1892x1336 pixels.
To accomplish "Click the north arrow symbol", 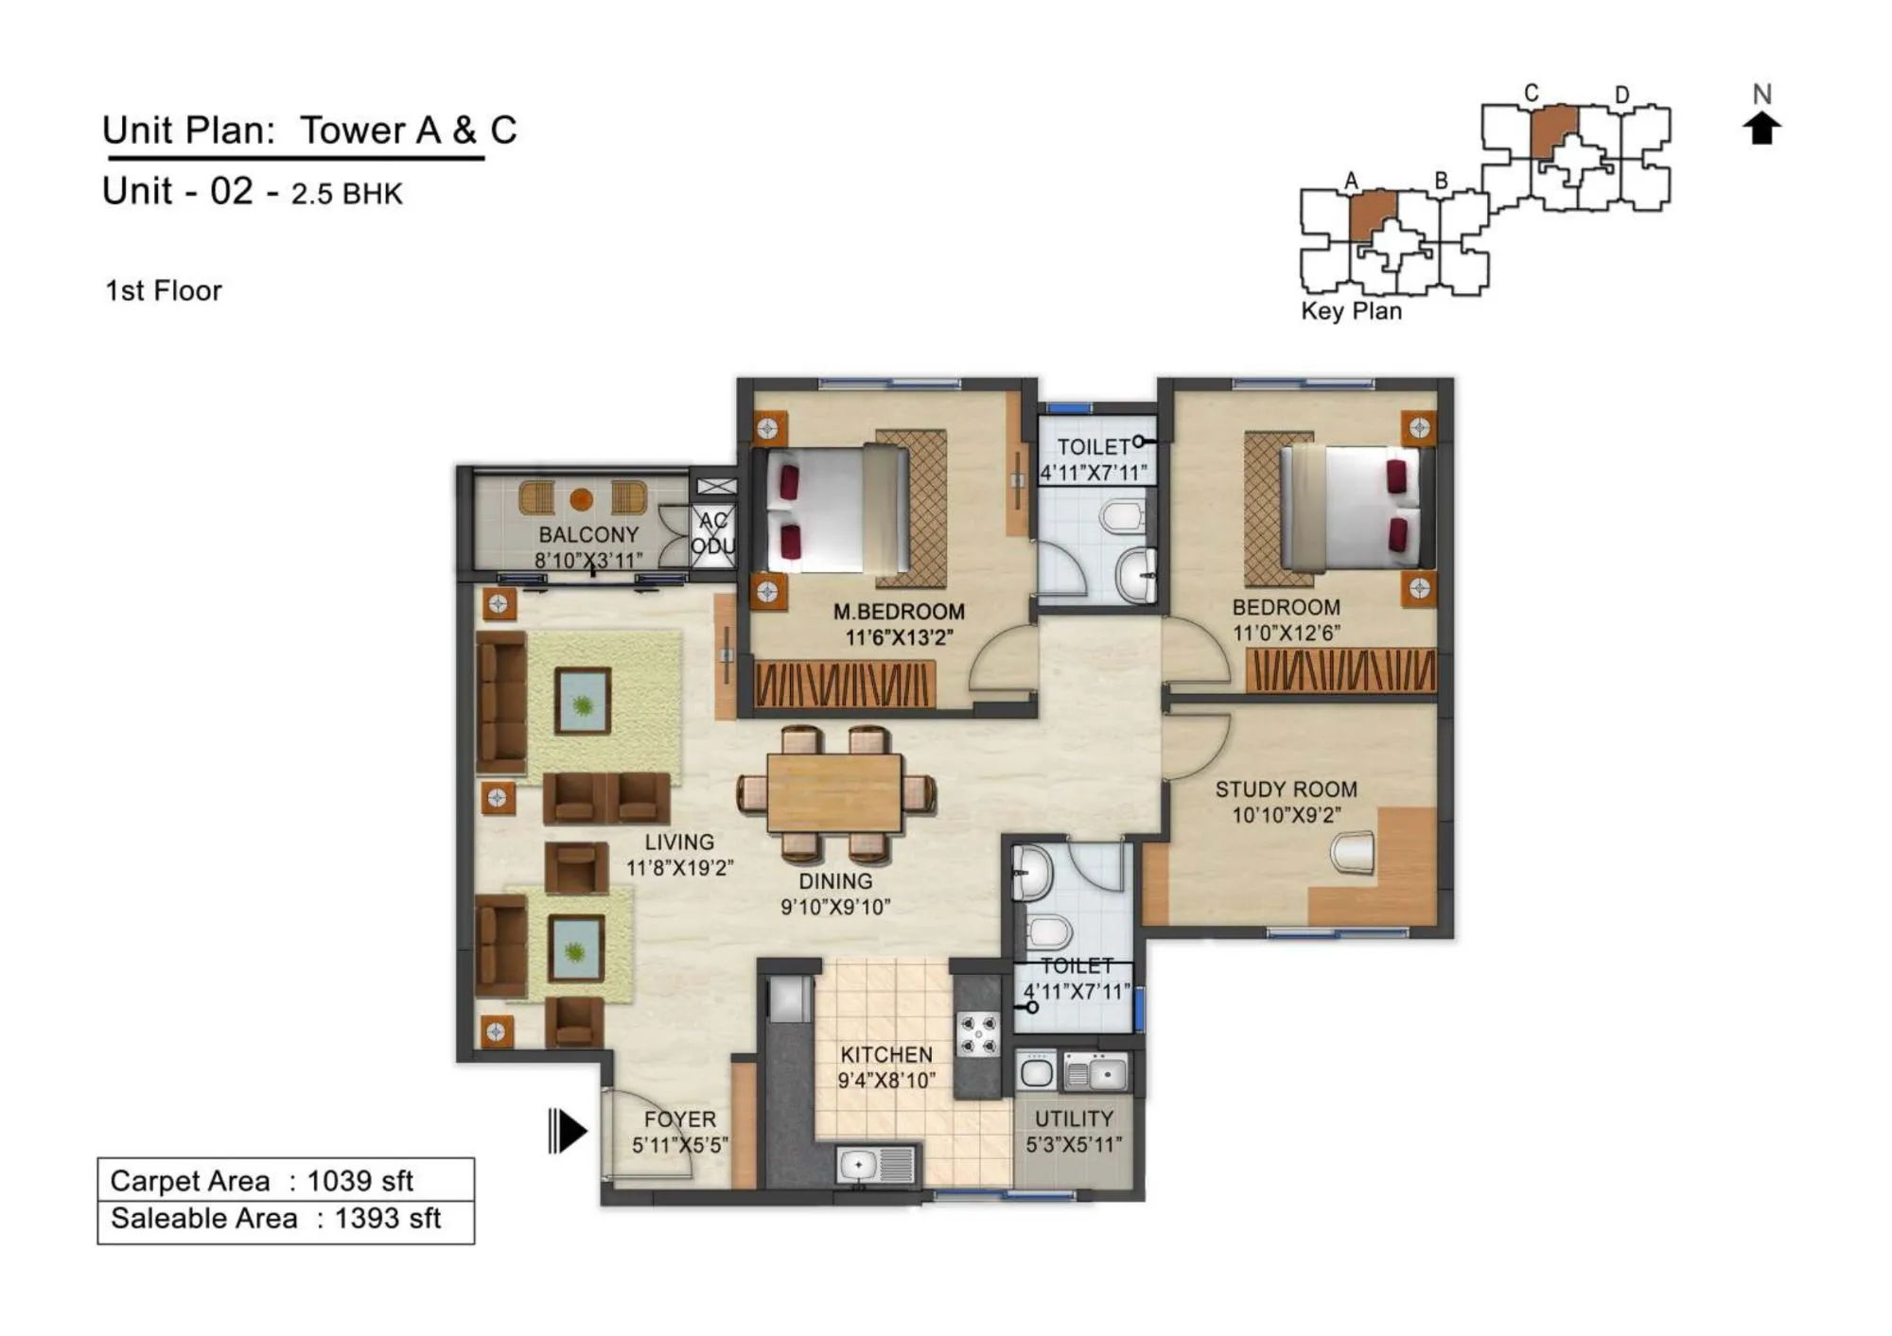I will (x=1761, y=128).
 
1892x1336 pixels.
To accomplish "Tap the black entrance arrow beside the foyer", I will (x=569, y=1131).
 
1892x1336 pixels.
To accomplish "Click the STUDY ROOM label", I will (x=1286, y=789).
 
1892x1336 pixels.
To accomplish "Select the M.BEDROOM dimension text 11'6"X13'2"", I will (x=899, y=637).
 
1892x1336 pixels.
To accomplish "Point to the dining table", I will (x=833, y=793).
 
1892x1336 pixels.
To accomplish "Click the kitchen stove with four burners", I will (x=977, y=1033).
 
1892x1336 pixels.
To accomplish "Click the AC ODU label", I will (x=713, y=533).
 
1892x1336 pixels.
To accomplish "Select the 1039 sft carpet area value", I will (x=359, y=1180).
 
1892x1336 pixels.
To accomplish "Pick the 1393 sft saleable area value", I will (x=387, y=1218).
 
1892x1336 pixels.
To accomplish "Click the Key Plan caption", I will (x=1351, y=311).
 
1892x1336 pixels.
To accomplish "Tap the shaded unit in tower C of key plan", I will (x=1553, y=130).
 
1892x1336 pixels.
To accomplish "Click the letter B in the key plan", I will (x=1441, y=180).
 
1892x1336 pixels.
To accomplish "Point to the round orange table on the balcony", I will (x=582, y=498).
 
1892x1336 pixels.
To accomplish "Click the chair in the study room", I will (x=1353, y=852).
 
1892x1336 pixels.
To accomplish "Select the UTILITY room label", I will (x=1074, y=1119).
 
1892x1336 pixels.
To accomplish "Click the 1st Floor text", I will (x=164, y=290).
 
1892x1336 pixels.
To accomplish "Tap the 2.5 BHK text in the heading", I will (x=346, y=194).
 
